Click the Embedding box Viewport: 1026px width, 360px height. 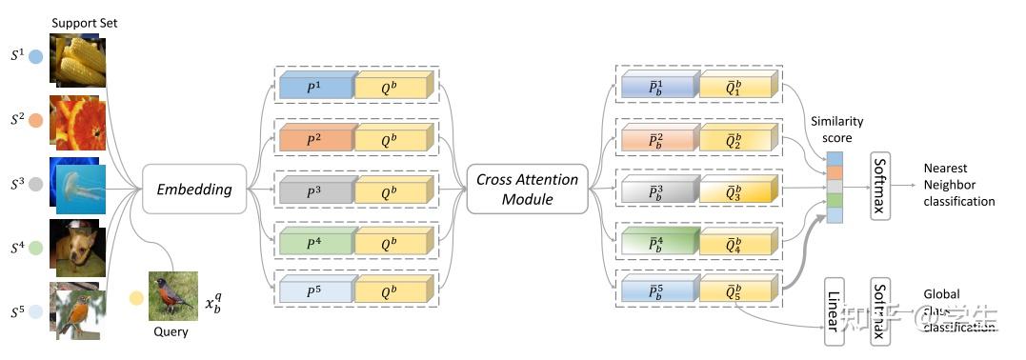pyautogui.click(x=194, y=189)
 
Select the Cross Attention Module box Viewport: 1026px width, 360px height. pyautogui.click(x=527, y=189)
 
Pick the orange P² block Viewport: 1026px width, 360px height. pyautogui.click(x=315, y=140)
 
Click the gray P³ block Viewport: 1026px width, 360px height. pyautogui.click(x=315, y=190)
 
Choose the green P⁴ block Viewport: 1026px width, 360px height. pyautogui.click(x=315, y=242)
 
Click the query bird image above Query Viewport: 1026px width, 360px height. pyautogui.click(x=172, y=294)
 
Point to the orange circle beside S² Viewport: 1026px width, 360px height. pyautogui.click(x=34, y=121)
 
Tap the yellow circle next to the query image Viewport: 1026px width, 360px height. pyautogui.click(x=136, y=298)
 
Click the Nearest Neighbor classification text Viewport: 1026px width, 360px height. pyautogui.click(x=957, y=185)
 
